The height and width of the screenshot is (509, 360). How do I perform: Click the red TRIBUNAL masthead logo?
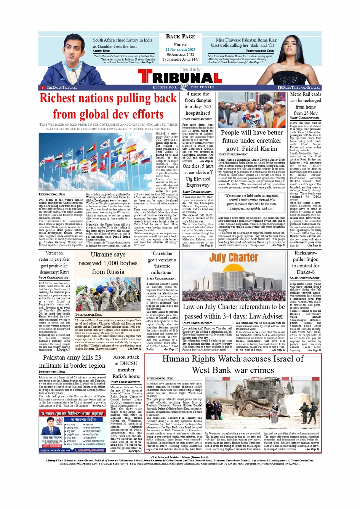180,77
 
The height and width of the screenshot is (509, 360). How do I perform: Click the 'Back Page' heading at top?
180,37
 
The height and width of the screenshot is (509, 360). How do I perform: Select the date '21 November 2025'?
180,50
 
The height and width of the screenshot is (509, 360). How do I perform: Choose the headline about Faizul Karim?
251,141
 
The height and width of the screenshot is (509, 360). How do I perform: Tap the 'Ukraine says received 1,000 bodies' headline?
108,263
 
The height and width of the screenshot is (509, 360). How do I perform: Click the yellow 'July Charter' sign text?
233,258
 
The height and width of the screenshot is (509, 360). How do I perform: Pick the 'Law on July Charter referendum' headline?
234,311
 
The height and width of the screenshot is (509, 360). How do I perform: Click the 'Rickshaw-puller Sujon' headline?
305,263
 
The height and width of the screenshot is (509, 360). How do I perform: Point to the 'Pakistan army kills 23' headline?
72,362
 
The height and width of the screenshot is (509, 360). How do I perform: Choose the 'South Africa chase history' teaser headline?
122,43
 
